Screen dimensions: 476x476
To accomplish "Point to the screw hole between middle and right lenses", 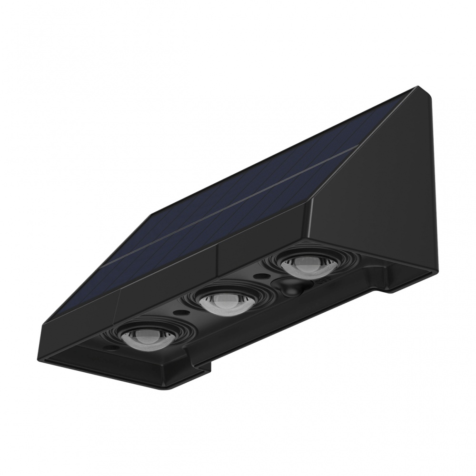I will (x=261, y=276).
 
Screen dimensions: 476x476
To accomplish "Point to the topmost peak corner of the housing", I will (x=418, y=87).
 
